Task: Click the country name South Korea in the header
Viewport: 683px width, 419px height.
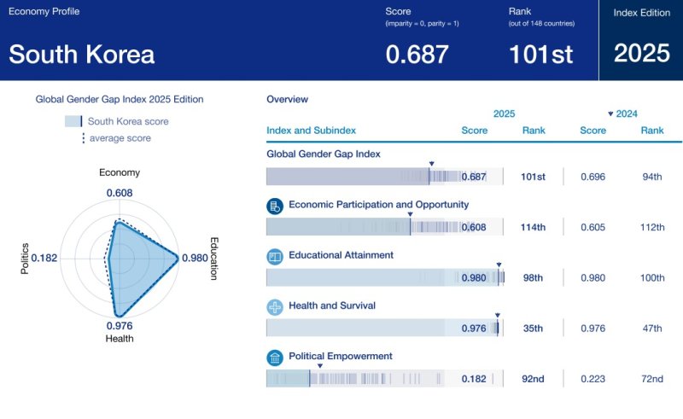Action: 82,54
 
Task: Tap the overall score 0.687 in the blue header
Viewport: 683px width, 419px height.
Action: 417,54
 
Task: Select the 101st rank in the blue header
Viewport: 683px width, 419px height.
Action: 541,54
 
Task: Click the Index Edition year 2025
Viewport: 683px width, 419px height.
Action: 642,53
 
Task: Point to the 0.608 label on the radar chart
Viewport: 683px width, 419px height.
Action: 120,193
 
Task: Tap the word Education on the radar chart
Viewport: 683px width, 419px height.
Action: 213,258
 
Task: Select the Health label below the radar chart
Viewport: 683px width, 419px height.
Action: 120,338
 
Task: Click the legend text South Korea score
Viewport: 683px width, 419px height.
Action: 128,121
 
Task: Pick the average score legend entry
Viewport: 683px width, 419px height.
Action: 120,138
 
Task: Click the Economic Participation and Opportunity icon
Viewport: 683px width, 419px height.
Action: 275,206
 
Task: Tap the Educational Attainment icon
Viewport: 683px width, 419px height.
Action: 275,256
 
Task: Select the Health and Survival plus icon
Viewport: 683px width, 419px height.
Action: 275,306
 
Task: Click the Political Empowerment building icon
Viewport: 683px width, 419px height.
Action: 275,357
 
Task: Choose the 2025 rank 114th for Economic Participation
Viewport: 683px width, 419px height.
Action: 534,227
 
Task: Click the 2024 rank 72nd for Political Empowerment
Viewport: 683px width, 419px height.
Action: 652,378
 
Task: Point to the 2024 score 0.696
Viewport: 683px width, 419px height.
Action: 593,177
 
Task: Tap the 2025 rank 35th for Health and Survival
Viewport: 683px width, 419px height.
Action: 534,328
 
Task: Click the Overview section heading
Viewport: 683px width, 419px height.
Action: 287,99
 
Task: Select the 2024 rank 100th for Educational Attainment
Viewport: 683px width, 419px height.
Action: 652,277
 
